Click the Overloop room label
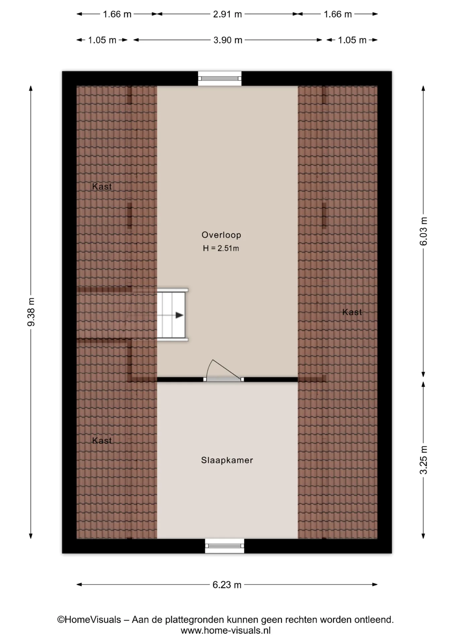tap(221, 235)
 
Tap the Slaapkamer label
tap(227, 460)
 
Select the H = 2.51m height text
tap(221, 248)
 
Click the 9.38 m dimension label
tap(31, 312)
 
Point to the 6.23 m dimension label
tap(227, 584)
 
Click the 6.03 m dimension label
tap(423, 231)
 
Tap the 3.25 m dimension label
tap(423, 460)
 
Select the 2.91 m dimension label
tap(227, 14)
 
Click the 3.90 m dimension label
tap(228, 40)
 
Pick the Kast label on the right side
tap(352, 312)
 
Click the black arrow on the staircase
tap(180, 315)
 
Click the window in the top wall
tap(220, 79)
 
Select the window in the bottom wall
tap(224, 546)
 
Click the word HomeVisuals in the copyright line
tap(93, 620)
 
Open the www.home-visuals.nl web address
tap(226, 631)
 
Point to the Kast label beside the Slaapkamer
tap(102, 440)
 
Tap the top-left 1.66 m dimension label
tap(117, 14)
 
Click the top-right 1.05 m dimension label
tap(352, 40)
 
